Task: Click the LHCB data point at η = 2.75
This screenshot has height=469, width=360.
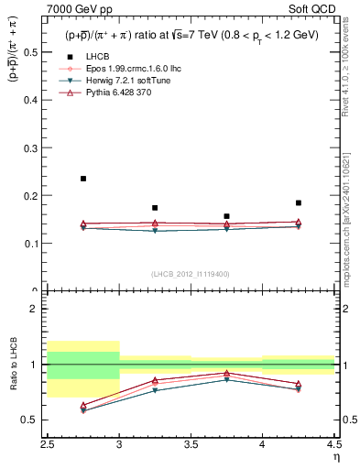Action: [83, 179]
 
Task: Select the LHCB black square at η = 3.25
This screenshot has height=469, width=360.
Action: [155, 208]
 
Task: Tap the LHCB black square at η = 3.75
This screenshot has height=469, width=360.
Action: [226, 216]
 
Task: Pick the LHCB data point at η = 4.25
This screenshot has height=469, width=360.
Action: [299, 202]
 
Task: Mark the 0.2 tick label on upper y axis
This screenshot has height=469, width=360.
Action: [31, 196]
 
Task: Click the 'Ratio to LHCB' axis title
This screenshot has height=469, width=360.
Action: [12, 365]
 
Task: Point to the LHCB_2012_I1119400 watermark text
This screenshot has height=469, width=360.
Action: [191, 274]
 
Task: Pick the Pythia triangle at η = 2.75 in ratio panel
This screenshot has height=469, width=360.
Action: [83, 405]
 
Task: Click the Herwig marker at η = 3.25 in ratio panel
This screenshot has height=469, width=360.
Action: [155, 390]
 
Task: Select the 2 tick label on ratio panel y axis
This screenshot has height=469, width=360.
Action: [36, 309]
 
